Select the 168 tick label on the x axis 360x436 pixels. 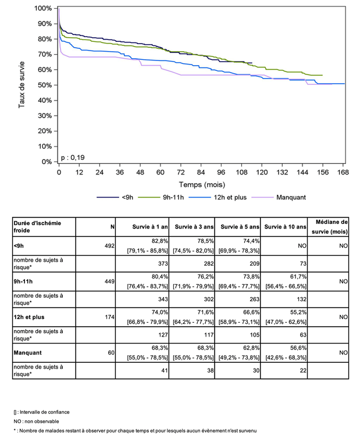point(343,173)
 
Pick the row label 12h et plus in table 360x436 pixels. point(30,317)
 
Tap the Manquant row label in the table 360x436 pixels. point(28,352)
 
